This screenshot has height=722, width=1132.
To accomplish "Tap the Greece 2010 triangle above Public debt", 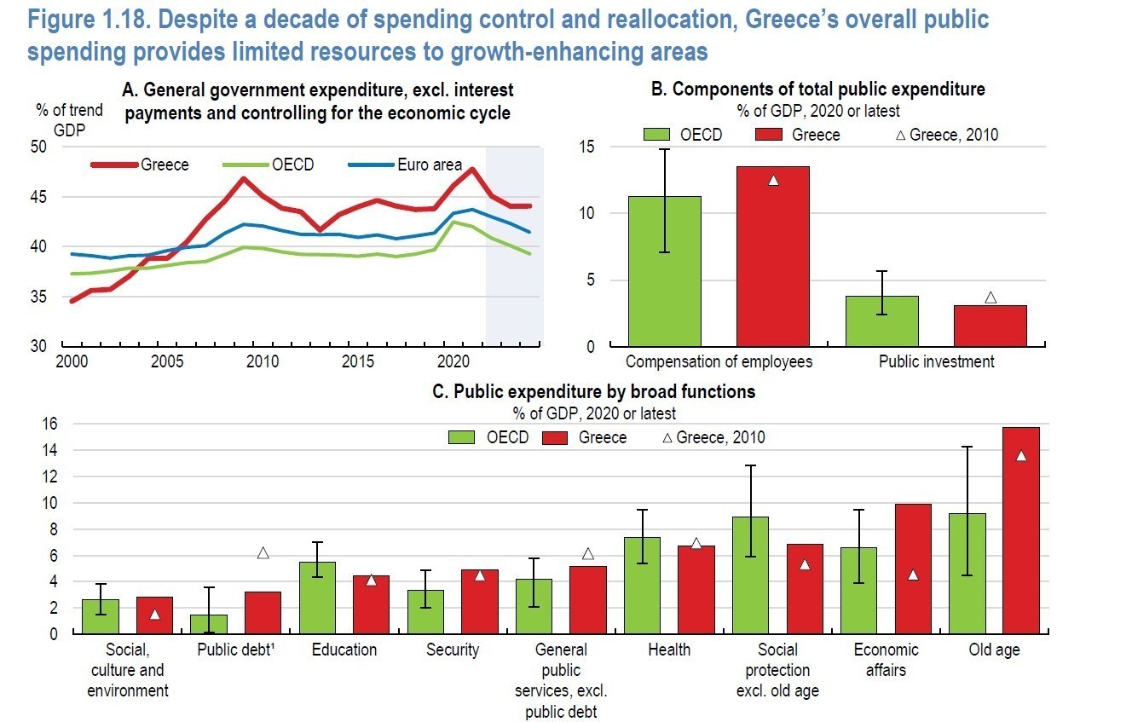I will pyautogui.click(x=263, y=553).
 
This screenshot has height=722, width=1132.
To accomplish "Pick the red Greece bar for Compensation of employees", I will pyautogui.click(x=773, y=256).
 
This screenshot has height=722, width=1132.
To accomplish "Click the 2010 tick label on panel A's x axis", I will pyautogui.click(x=263, y=361).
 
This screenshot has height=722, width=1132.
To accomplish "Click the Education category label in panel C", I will pyautogui.click(x=344, y=650).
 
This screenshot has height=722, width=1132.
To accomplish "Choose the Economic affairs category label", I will pyautogui.click(x=886, y=660).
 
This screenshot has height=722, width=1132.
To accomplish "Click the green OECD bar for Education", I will pyautogui.click(x=317, y=598).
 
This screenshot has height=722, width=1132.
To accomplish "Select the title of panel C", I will pyautogui.click(x=594, y=392).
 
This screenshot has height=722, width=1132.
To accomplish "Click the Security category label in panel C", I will pyautogui.click(x=453, y=650).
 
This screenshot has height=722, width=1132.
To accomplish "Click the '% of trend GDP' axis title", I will pyautogui.click(x=68, y=118).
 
